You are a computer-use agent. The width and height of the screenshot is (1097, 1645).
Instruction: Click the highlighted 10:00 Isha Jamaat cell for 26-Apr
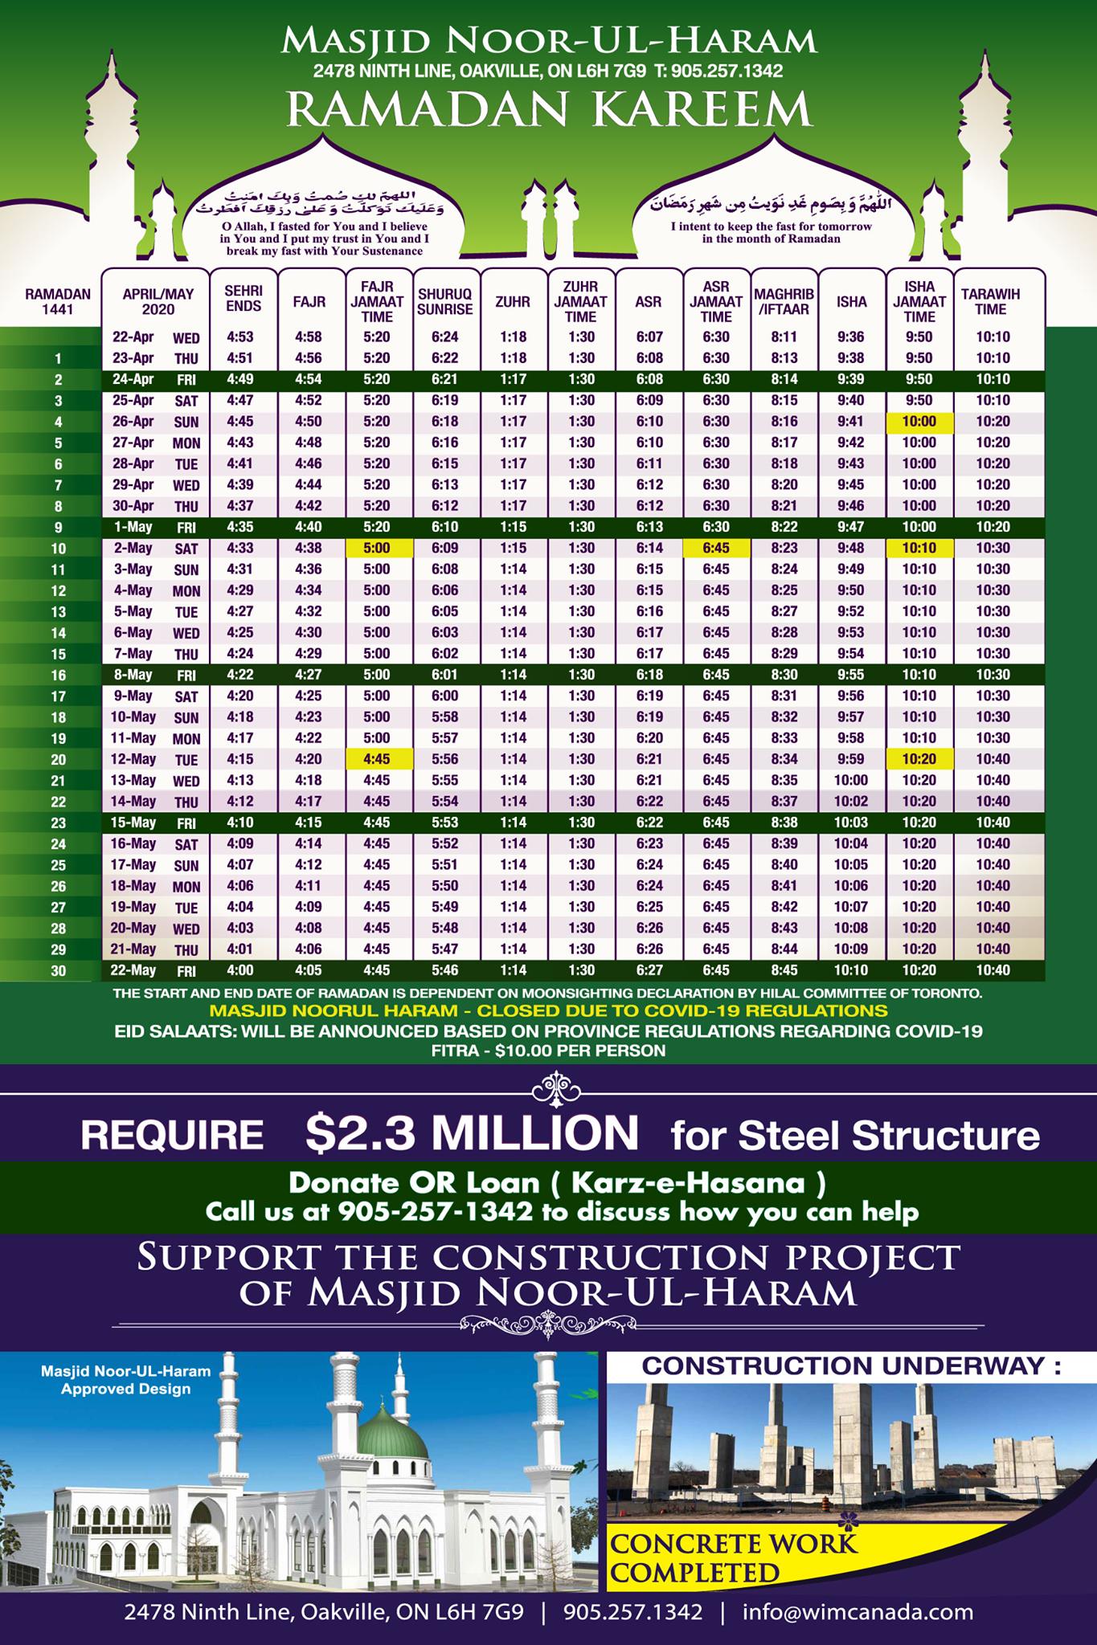point(919,421)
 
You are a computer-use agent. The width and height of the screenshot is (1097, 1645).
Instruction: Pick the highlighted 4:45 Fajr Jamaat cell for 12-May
point(379,758)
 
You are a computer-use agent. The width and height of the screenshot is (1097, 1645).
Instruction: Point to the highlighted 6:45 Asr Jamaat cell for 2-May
point(715,548)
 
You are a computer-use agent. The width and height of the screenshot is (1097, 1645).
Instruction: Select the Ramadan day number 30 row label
point(58,970)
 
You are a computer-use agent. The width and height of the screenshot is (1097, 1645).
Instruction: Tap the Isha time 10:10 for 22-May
point(851,970)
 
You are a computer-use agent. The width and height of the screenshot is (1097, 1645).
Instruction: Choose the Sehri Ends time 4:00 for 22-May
point(243,970)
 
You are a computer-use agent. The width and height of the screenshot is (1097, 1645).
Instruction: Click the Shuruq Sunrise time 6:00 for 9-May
point(446,696)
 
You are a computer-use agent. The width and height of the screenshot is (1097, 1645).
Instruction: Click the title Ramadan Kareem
point(549,108)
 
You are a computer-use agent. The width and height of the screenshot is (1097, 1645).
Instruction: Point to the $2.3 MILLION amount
point(472,1132)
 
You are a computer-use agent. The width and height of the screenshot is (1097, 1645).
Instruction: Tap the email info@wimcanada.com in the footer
point(858,1611)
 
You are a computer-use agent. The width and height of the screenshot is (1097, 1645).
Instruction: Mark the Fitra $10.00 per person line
point(548,1050)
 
